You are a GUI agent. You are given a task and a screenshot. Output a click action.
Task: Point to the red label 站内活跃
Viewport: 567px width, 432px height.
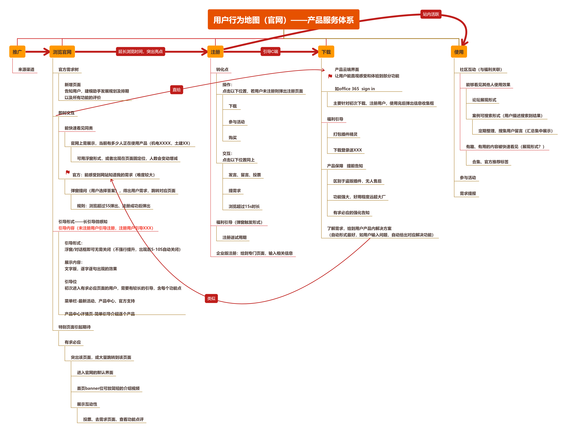(x=431, y=14)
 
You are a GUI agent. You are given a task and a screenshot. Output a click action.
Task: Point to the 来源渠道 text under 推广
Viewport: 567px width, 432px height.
(x=26, y=69)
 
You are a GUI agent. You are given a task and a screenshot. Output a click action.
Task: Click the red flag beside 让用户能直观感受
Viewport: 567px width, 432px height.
(x=330, y=76)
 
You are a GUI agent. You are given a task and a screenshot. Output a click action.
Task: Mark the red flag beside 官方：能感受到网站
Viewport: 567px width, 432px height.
(x=68, y=172)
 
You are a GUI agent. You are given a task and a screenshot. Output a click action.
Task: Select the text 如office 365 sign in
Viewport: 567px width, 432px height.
(x=355, y=89)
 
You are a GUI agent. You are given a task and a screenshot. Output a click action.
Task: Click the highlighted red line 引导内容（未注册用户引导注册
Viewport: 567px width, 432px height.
(x=106, y=228)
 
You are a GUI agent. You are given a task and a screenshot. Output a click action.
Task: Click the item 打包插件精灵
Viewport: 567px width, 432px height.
(x=345, y=134)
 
